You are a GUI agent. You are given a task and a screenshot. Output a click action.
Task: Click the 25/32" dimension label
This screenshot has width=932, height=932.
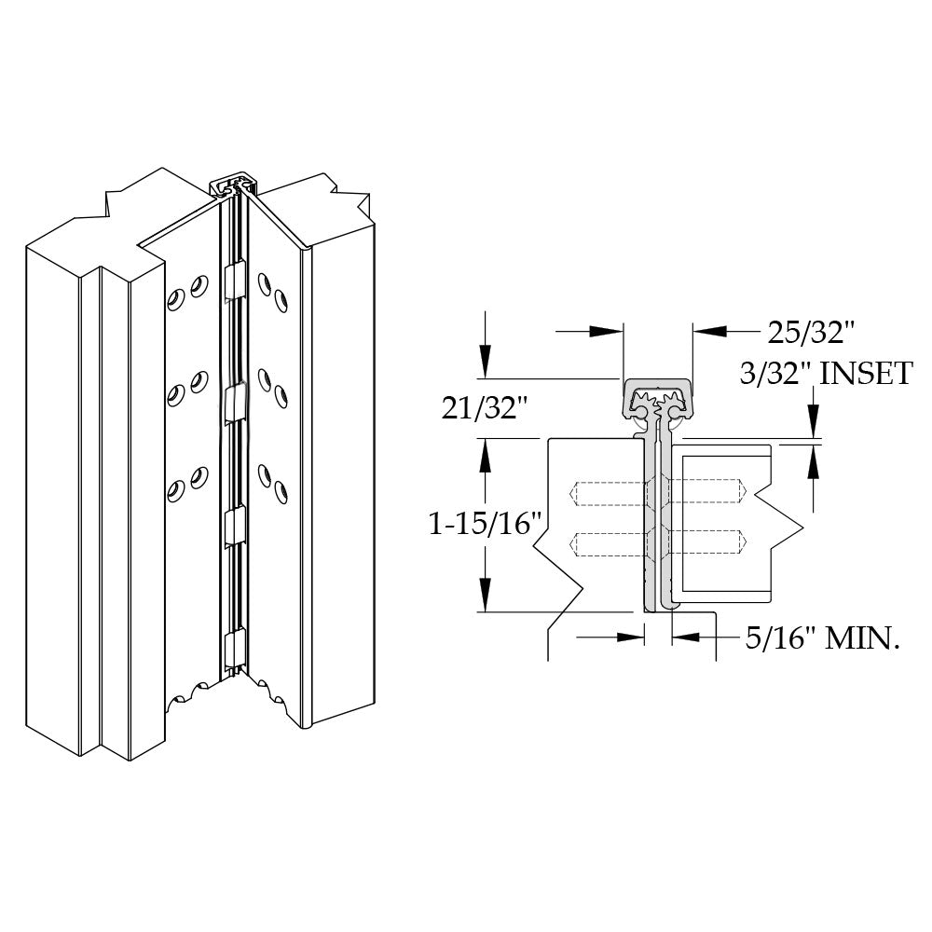(x=811, y=331)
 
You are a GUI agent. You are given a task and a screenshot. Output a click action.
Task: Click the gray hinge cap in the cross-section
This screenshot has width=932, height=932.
(x=658, y=396)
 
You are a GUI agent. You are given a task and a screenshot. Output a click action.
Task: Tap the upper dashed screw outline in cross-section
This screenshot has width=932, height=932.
(x=660, y=491)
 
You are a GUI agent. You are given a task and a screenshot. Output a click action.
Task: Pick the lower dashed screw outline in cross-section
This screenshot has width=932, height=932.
(x=660, y=542)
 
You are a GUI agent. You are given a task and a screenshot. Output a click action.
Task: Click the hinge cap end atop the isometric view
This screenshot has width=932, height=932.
(x=237, y=185)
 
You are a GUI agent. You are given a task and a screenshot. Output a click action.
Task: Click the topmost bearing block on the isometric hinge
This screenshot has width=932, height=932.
(x=236, y=280)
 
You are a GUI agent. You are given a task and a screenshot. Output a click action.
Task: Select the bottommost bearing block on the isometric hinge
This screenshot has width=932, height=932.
(x=236, y=647)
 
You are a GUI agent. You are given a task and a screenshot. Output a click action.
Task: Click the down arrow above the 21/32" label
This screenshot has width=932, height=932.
(x=485, y=360)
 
